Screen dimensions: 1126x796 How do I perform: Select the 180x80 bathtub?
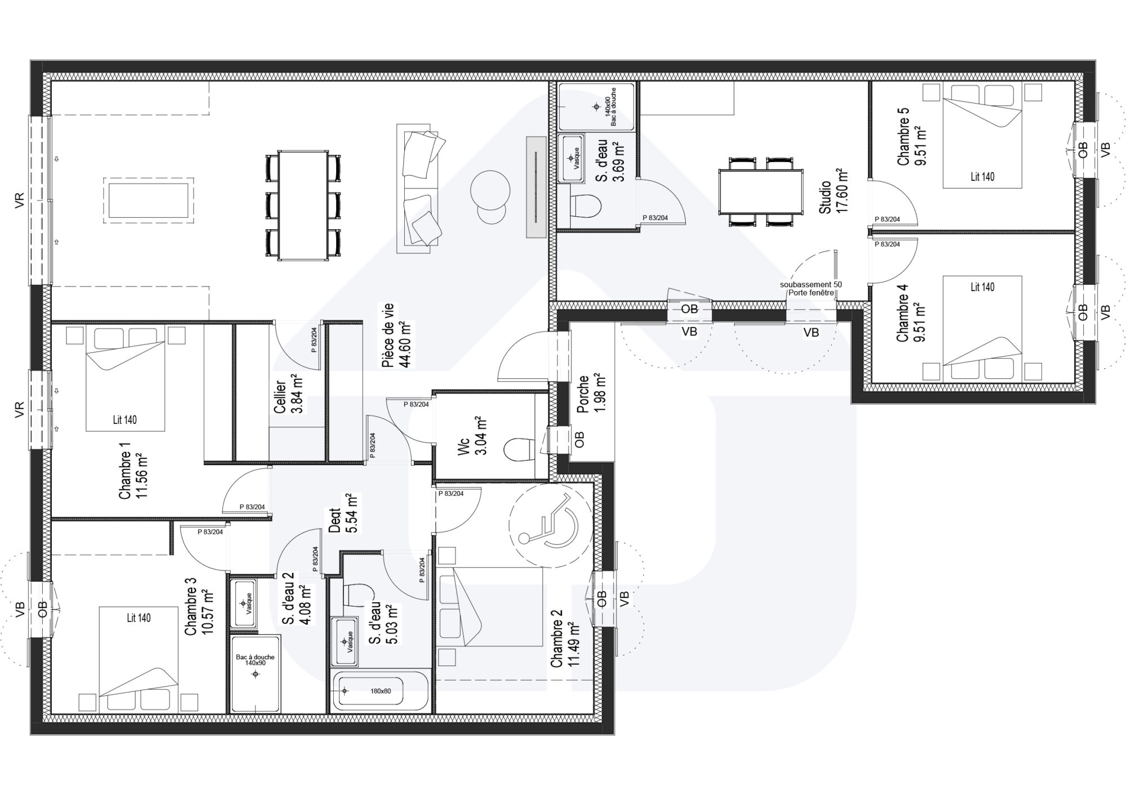coord(381,691)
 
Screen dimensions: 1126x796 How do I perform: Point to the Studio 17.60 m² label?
coord(833,190)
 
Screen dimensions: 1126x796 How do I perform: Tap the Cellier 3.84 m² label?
coord(288,393)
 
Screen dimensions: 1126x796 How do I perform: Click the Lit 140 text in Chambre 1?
coord(124,419)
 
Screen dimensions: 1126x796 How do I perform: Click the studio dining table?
coord(761,192)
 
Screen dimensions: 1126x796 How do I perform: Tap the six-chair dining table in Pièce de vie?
coord(303,205)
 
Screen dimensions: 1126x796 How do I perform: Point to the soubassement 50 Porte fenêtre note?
coord(811,288)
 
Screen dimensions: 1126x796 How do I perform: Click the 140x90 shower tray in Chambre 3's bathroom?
coord(255,674)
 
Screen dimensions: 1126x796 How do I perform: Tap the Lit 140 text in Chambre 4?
coord(982,287)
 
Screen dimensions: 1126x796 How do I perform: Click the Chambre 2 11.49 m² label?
coord(565,644)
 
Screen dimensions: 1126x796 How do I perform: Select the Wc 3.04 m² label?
coord(472,444)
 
